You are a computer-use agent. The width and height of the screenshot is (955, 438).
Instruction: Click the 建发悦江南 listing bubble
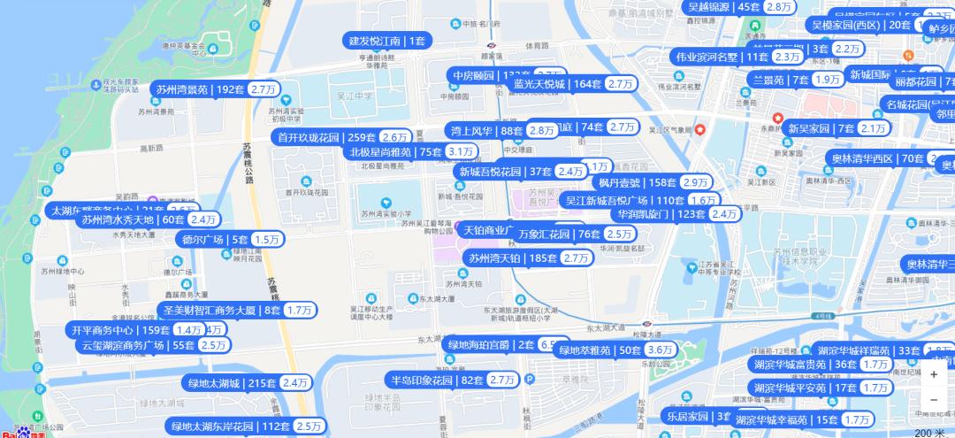tap(386, 40)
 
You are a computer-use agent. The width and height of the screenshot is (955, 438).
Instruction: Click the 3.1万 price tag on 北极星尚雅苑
tap(461, 151)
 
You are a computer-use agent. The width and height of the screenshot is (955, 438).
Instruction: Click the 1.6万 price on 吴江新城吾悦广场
tap(703, 200)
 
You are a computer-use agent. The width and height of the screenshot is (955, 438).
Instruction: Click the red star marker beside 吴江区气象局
tap(700, 130)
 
